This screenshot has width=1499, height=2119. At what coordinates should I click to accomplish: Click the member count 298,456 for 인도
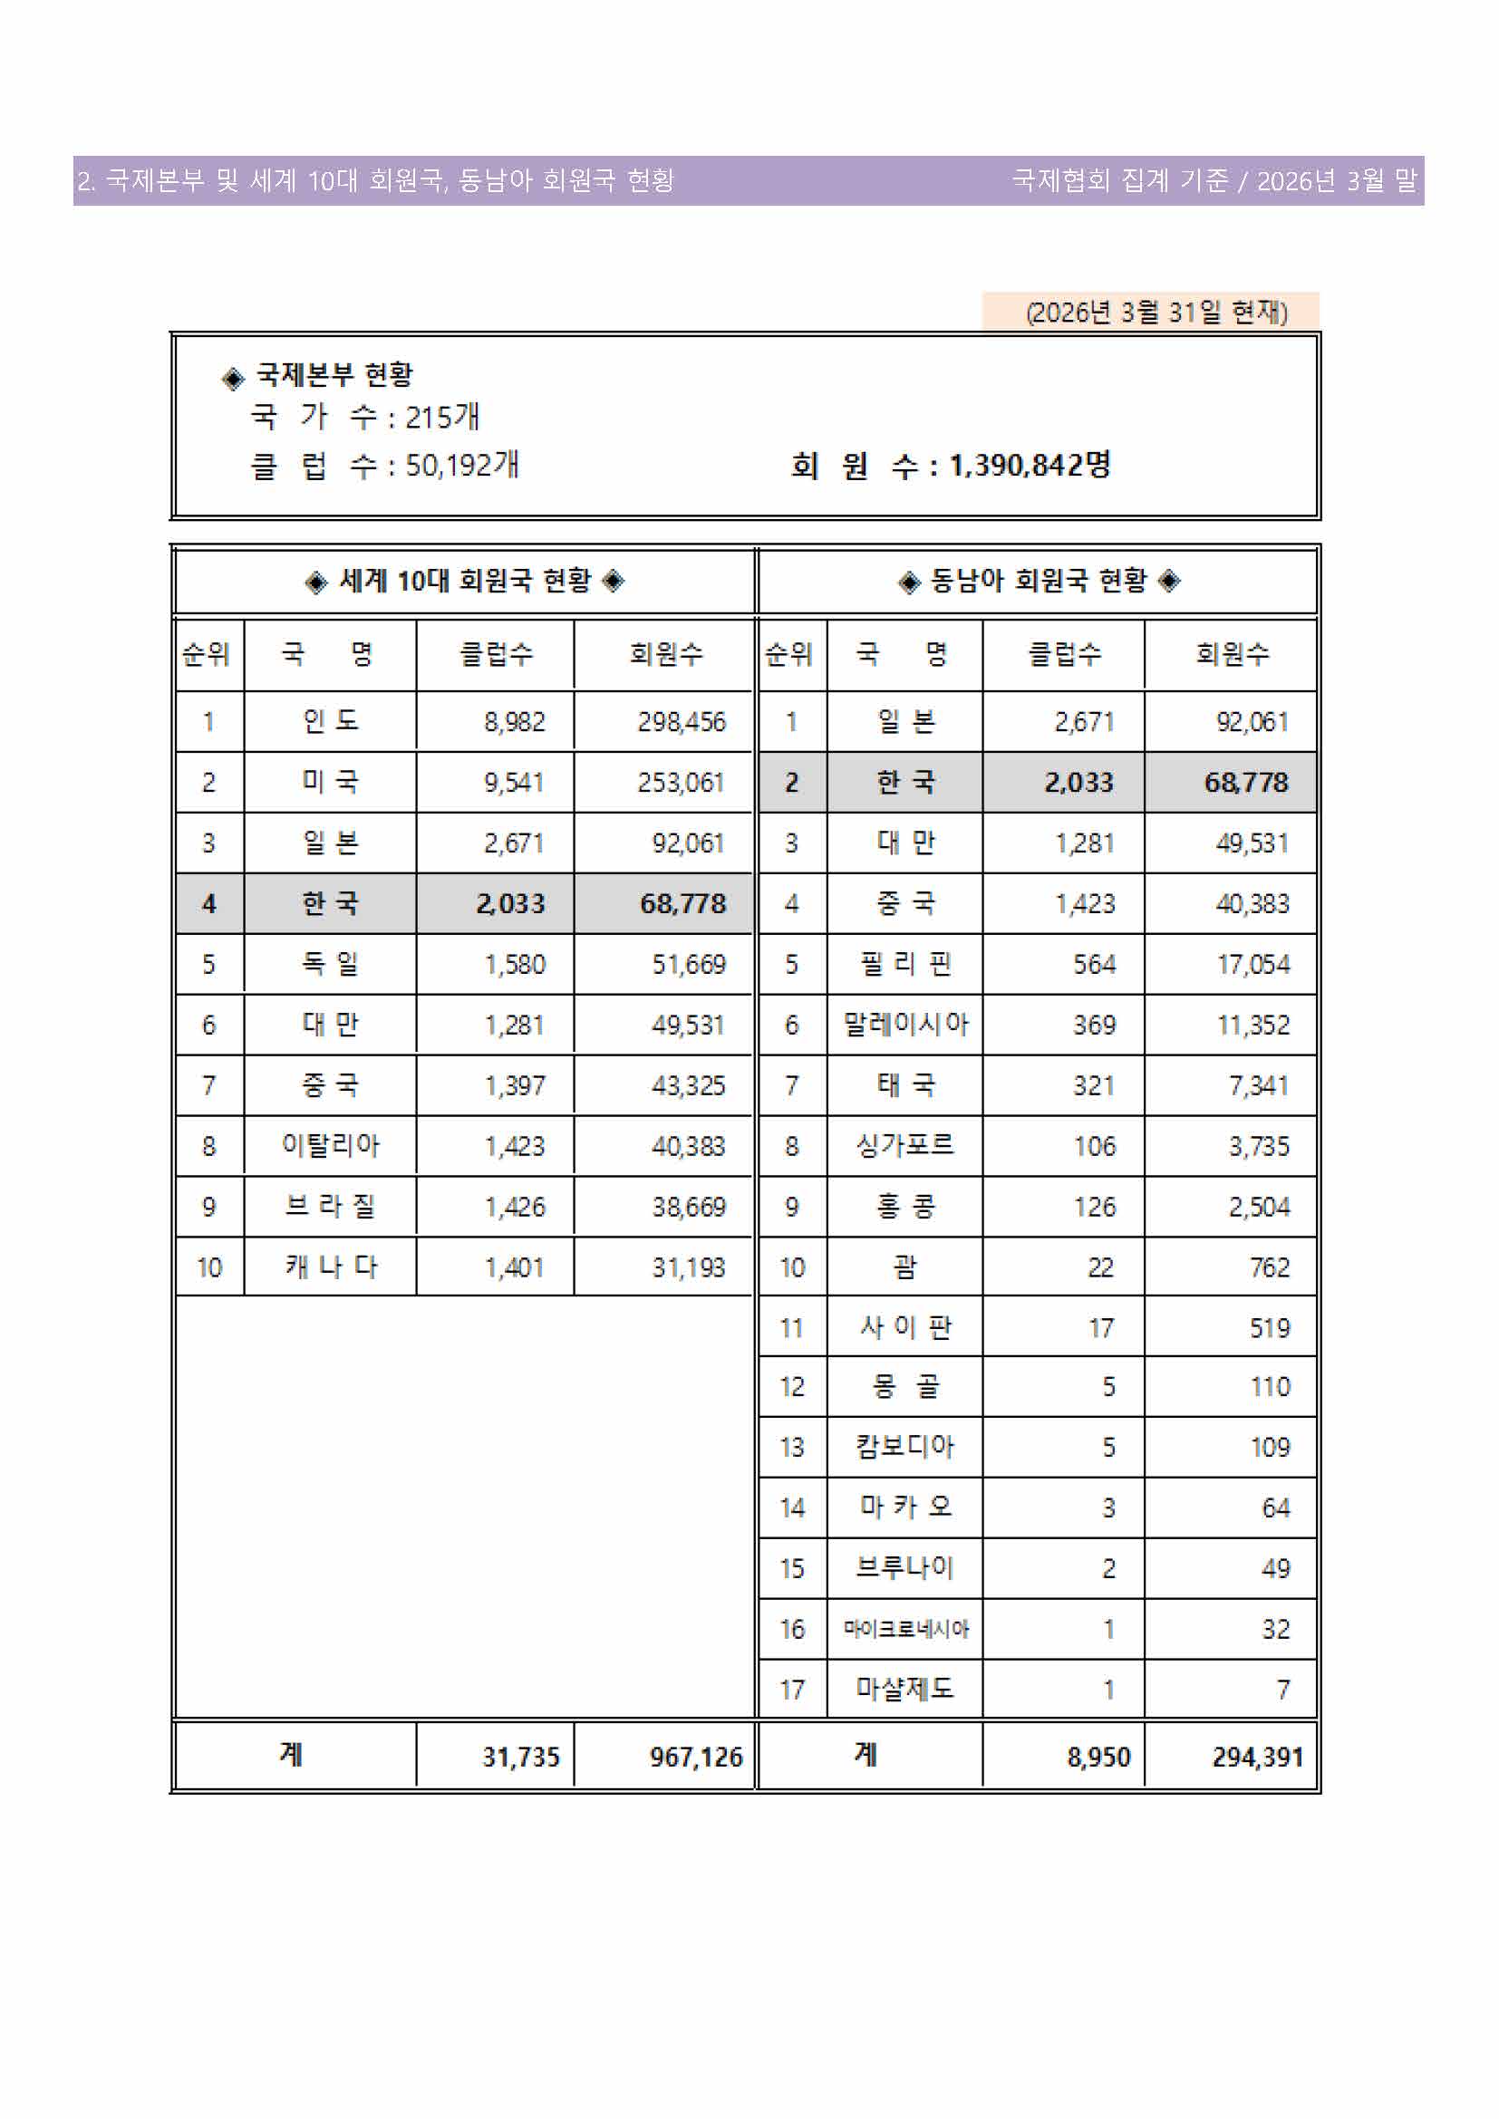point(682,722)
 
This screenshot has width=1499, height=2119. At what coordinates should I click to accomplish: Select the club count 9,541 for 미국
point(513,783)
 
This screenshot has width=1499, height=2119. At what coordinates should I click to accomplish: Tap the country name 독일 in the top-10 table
point(330,965)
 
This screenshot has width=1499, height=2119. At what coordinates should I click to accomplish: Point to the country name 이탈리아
point(330,1145)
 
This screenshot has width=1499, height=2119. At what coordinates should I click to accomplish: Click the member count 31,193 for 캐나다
point(688,1267)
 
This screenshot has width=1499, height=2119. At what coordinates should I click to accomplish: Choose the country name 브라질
point(330,1206)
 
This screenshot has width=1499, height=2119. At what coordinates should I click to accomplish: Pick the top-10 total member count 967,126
point(695,1757)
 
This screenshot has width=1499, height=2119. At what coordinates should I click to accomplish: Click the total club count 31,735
point(520,1757)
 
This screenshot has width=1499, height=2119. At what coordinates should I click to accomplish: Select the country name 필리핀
point(904,965)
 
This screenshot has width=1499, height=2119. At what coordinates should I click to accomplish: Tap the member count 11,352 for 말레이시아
point(1252,1025)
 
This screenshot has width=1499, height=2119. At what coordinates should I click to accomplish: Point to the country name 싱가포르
point(904,1145)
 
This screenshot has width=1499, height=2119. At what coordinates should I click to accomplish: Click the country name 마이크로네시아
point(904,1629)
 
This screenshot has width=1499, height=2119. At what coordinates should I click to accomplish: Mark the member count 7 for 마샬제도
point(1282,1690)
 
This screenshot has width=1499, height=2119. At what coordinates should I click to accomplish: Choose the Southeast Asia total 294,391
point(1257,1757)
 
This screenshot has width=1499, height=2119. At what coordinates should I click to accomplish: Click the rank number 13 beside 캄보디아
point(792,1447)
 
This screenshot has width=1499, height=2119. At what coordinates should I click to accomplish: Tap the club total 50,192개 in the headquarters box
point(461,465)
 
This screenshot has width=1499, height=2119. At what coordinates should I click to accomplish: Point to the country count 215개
point(441,417)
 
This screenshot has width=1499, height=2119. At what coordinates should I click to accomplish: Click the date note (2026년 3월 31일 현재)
point(1156,312)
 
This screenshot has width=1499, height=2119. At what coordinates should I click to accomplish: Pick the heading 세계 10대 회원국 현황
point(464,581)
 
